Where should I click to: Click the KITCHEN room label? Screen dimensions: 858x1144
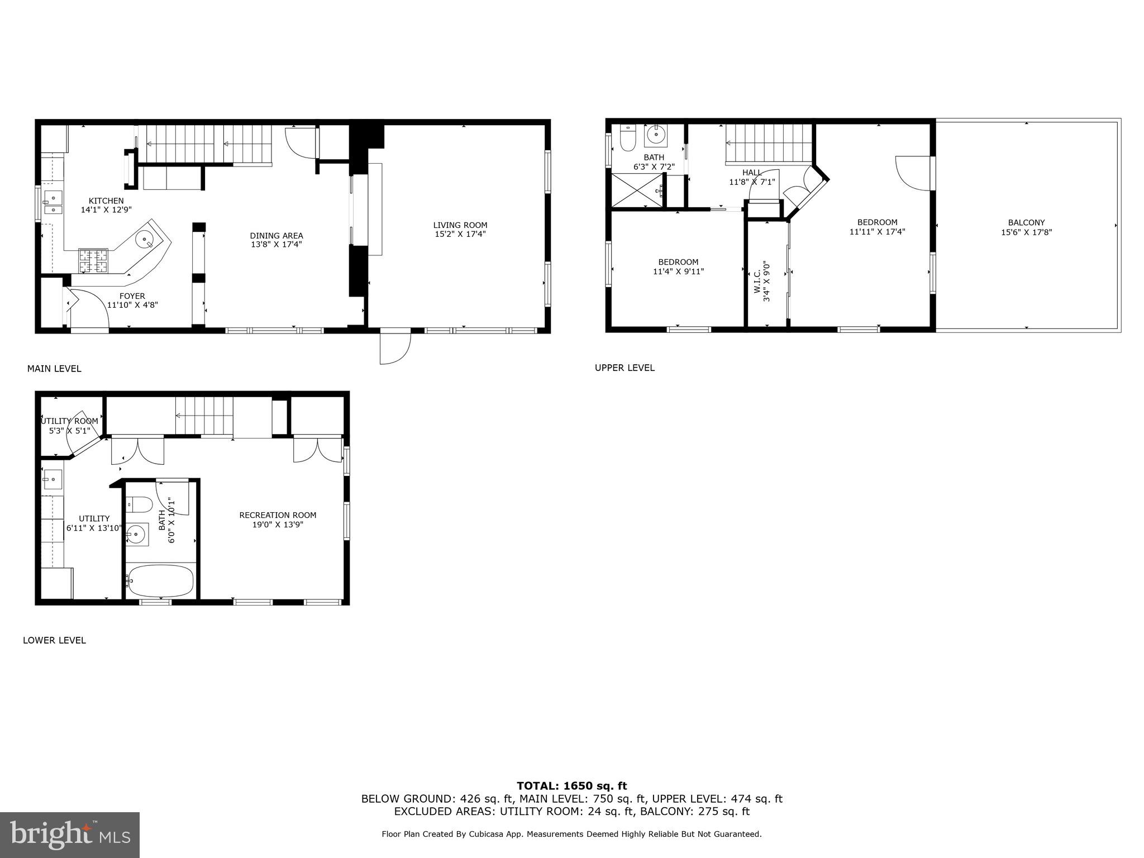click(x=106, y=201)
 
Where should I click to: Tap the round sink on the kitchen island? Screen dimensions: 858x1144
click(x=145, y=240)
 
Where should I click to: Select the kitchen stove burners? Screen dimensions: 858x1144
click(x=93, y=260)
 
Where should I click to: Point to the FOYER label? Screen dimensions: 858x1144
click(x=132, y=296)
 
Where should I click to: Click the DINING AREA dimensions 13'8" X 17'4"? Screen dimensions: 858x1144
click(x=276, y=245)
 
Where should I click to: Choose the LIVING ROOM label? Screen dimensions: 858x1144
click(x=460, y=225)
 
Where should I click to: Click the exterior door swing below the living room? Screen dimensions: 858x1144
click(x=394, y=347)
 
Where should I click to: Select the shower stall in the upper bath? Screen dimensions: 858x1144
click(x=637, y=190)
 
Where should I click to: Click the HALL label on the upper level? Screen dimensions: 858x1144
click(x=752, y=173)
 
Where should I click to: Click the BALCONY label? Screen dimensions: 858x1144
click(x=1026, y=222)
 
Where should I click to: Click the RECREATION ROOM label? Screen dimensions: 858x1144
click(x=278, y=515)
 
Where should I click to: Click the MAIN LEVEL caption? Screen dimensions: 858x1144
click(x=54, y=369)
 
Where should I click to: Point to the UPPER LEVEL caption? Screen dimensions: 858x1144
click(x=625, y=368)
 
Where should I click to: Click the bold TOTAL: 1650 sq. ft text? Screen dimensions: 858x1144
click(x=571, y=786)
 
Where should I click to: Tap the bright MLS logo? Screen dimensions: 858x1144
click(x=70, y=835)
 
